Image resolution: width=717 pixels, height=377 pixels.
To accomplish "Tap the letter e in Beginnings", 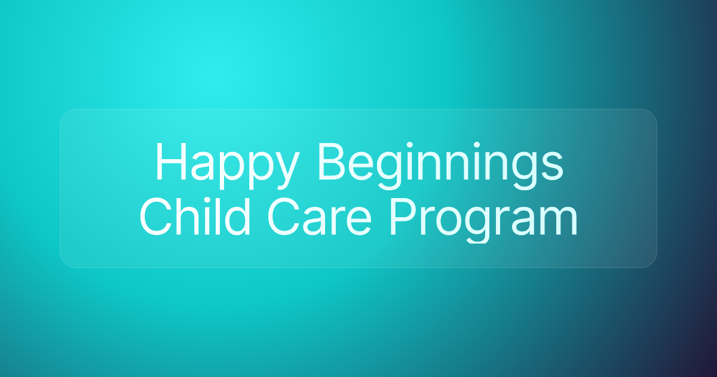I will click(365, 168).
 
